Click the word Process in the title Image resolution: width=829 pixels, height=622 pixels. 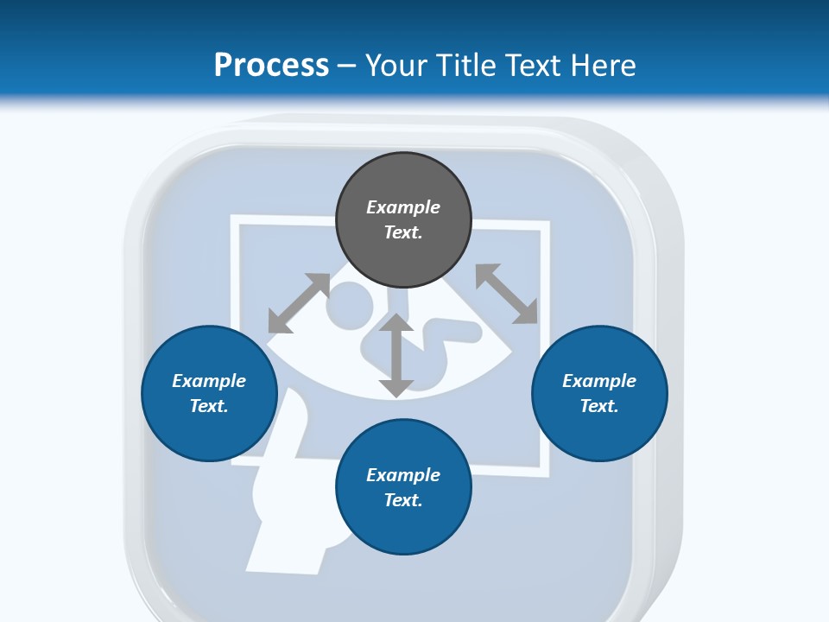coord(271,66)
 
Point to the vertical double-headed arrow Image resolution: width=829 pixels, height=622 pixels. coord(396,356)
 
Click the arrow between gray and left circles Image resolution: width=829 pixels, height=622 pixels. coord(299,303)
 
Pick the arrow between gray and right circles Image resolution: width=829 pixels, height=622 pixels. coord(506,294)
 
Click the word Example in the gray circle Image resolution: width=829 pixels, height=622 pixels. coord(403,207)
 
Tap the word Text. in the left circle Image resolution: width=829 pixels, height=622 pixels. coord(209,406)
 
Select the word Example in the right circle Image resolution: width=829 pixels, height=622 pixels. coord(599,381)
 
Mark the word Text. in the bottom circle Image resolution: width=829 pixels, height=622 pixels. coord(403,500)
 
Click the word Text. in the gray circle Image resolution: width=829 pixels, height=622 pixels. coord(403,232)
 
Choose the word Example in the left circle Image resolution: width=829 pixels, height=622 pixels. coord(209,381)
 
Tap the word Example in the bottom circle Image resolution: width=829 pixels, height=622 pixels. coord(403,475)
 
